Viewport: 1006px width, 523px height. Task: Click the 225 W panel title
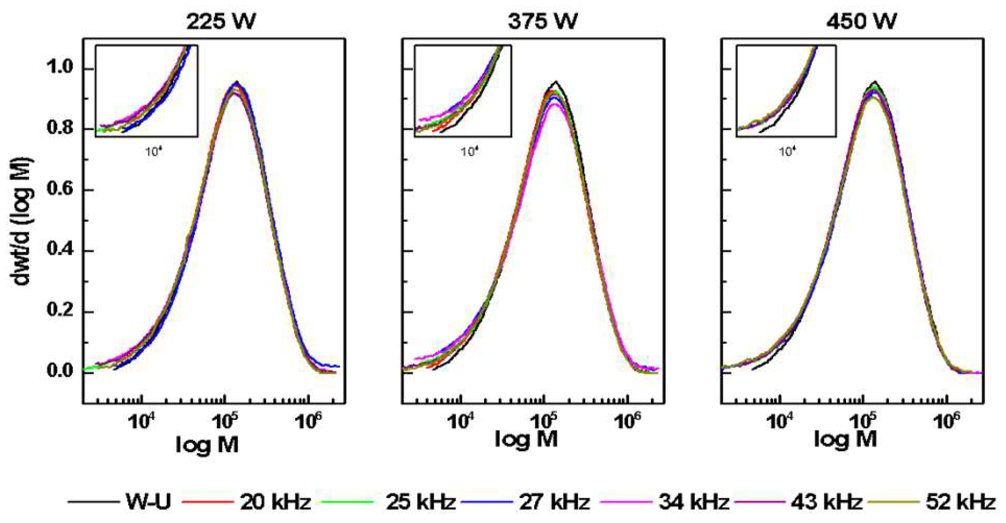click(x=221, y=21)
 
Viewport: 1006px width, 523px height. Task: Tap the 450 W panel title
click(x=861, y=21)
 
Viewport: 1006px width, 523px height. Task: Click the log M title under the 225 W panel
click(x=207, y=445)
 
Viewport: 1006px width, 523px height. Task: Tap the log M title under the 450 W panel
click(x=845, y=439)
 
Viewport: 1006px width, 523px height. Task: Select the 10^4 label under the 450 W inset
click(x=787, y=151)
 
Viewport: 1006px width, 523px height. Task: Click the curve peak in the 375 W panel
click(x=555, y=82)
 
